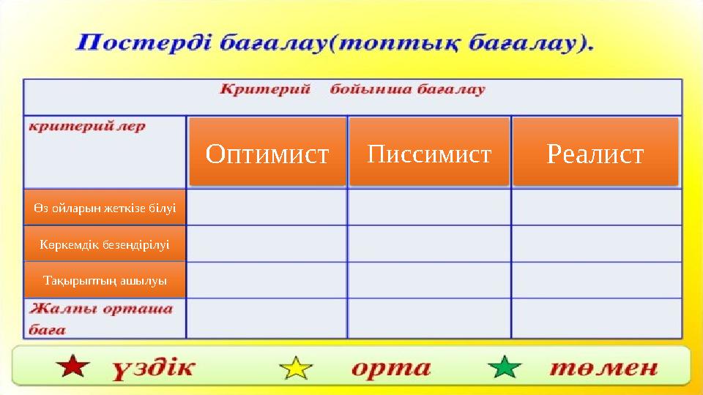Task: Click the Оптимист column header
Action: pyautogui.click(x=267, y=152)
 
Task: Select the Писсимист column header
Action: pyautogui.click(x=429, y=152)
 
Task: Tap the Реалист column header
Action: pyautogui.click(x=595, y=152)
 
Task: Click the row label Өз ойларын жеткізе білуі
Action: pyautogui.click(x=105, y=208)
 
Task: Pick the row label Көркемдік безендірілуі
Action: pyautogui.click(x=105, y=244)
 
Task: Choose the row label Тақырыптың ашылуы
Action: pyautogui.click(x=105, y=280)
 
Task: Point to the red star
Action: pyautogui.click(x=73, y=366)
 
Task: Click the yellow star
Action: pyautogui.click(x=296, y=366)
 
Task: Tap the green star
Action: pyautogui.click(x=505, y=366)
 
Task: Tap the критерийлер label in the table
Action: pyautogui.click(x=87, y=127)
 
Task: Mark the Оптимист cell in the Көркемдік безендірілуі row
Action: pyautogui.click(x=267, y=244)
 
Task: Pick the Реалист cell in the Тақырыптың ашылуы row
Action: pyautogui.click(x=595, y=280)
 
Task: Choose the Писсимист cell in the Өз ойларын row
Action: pyautogui.click(x=429, y=208)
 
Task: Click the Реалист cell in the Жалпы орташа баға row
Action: pyautogui.click(x=595, y=318)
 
